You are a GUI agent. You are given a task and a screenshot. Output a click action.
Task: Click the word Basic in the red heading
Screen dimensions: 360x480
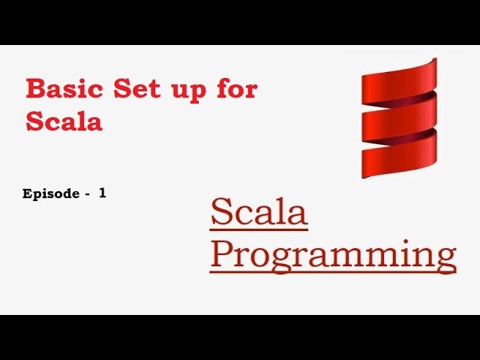tap(65, 89)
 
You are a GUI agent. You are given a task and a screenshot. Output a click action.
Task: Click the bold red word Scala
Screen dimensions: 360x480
tap(64, 121)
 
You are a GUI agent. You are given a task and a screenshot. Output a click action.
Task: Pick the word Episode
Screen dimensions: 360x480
tap(51, 193)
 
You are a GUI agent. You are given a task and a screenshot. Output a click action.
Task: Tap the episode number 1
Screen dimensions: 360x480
tap(102, 193)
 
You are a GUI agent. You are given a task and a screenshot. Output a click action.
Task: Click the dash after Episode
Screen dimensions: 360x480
tap(88, 194)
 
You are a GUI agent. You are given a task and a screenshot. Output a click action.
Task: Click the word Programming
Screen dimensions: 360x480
tap(333, 255)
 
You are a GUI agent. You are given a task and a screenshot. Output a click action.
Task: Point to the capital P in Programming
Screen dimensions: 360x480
tap(223, 253)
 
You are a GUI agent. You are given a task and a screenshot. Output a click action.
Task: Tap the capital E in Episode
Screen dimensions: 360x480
tap(28, 193)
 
